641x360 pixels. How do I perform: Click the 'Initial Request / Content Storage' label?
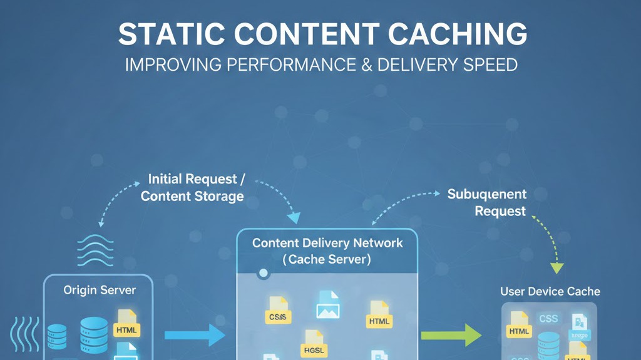click(x=193, y=188)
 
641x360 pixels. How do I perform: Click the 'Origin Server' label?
click(x=100, y=291)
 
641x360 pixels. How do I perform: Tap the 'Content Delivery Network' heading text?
click(x=327, y=243)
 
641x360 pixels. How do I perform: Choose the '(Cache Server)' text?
click(x=327, y=259)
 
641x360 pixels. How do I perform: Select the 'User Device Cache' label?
click(x=550, y=291)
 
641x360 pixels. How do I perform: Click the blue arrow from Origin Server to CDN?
click(x=195, y=335)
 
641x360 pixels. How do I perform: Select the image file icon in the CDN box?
click(x=327, y=305)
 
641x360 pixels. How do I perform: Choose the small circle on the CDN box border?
click(x=264, y=273)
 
